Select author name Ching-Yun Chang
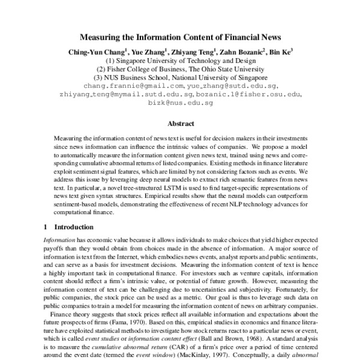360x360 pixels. [95, 52]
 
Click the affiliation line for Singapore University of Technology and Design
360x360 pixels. [180, 61]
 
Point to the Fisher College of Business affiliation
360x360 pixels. [180, 69]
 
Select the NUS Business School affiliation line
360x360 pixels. [180, 77]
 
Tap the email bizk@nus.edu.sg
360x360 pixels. [180, 103]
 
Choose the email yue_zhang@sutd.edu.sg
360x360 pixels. [232, 86]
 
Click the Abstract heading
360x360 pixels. [180, 124]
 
